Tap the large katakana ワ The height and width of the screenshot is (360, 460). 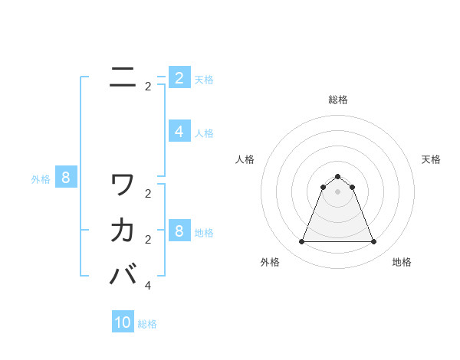click(123, 184)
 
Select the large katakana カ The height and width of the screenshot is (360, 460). click(123, 229)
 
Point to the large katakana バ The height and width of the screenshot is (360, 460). click(123, 273)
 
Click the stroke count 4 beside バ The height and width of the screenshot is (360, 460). click(148, 285)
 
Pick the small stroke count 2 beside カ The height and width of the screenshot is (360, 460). click(148, 240)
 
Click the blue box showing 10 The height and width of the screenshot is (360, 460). click(123, 322)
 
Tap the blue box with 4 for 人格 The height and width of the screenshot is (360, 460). click(179, 132)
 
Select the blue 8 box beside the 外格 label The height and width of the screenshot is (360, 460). click(66, 178)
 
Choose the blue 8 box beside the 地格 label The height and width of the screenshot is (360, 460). click(179, 231)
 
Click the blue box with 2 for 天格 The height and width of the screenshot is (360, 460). click(179, 78)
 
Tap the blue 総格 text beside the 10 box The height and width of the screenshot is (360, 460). click(147, 324)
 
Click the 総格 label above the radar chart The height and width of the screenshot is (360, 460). click(337, 100)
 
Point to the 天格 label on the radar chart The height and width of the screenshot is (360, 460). click(431, 159)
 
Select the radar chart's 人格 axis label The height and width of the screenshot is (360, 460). click(245, 159)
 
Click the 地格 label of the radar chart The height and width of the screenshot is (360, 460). click(402, 262)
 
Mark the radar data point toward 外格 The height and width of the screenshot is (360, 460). click(301, 242)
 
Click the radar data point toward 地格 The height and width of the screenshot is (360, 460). click(373, 242)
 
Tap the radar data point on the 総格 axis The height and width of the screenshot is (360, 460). click(337, 177)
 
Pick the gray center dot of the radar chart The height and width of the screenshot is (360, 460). click(337, 191)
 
